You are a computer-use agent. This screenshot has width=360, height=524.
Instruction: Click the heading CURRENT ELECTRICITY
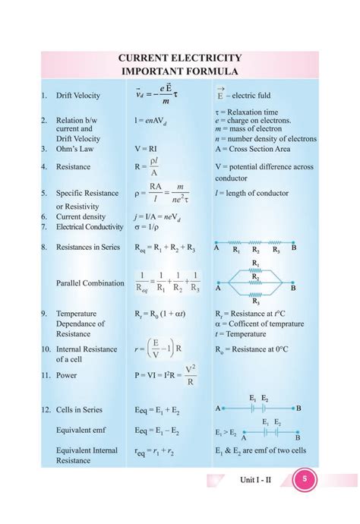[x=180, y=58]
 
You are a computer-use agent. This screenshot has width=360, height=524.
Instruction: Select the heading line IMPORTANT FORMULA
[x=180, y=71]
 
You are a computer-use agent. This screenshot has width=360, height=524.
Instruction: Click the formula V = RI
[x=148, y=150]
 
